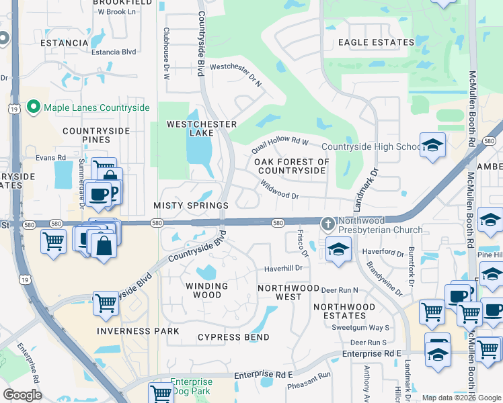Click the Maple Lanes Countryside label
tap(87, 107)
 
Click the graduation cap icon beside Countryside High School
tap(432, 145)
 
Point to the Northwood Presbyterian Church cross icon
tap(327, 223)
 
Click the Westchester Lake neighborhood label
tap(202, 128)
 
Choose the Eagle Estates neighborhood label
tap(376, 42)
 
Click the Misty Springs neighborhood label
tap(191, 205)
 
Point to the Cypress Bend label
tap(233, 337)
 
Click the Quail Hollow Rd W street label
tap(280, 140)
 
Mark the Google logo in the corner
tap(22, 395)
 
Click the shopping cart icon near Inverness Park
tap(106, 302)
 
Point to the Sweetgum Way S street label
tap(365, 327)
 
